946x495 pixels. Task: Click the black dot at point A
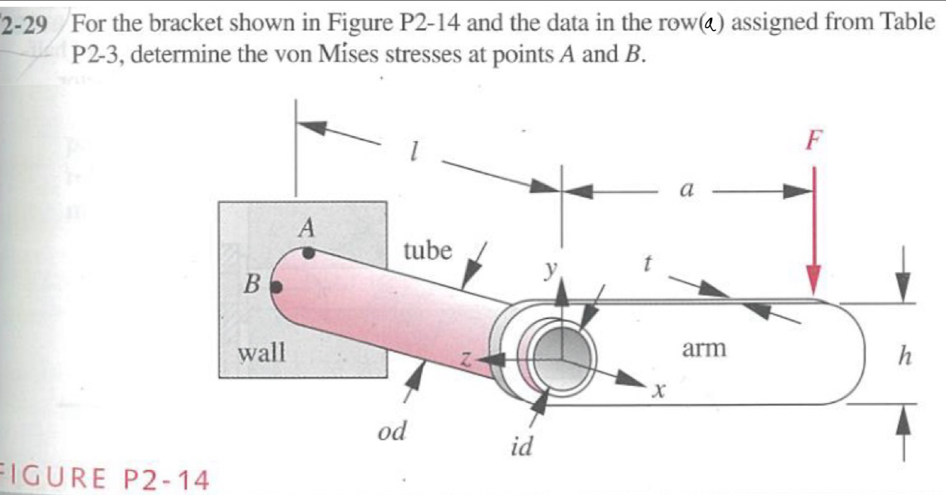point(309,252)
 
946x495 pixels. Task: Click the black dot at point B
point(277,285)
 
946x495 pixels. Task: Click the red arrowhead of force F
point(812,279)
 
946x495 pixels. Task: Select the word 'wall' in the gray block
point(262,352)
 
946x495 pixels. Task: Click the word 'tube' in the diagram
point(428,250)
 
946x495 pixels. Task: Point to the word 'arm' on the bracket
point(703,348)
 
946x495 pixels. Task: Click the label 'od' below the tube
point(392,432)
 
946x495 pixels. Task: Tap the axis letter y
point(553,269)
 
